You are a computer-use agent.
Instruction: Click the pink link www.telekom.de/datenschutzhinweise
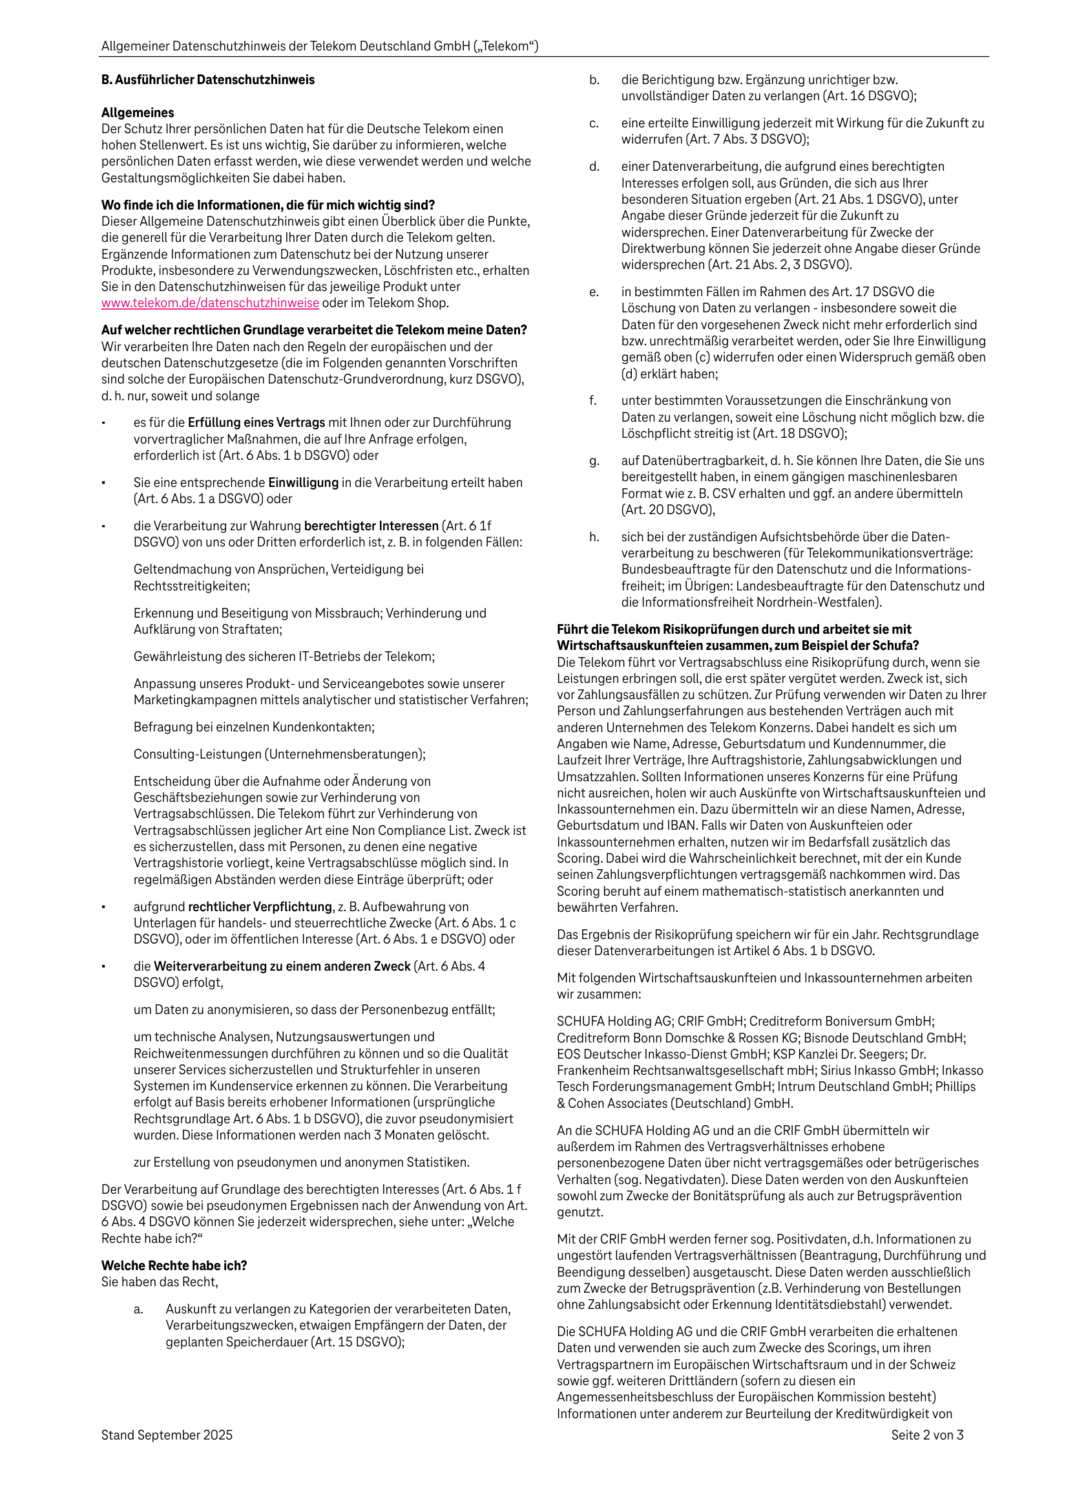(x=210, y=303)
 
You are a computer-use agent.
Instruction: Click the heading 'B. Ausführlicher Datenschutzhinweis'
(x=207, y=80)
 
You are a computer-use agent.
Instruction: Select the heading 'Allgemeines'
(x=138, y=113)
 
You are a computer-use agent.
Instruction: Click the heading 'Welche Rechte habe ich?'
(x=174, y=1266)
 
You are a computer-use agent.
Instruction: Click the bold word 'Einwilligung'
(x=303, y=482)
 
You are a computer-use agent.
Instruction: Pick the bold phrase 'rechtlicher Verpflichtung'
(x=260, y=906)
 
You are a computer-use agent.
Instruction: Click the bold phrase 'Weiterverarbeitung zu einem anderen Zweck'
(x=282, y=966)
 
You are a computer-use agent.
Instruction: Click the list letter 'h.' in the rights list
(x=594, y=537)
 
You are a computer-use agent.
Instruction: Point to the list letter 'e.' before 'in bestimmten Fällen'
(x=594, y=292)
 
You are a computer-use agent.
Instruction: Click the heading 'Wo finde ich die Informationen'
(x=267, y=204)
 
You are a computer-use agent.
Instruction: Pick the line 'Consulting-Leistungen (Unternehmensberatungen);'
(x=279, y=753)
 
